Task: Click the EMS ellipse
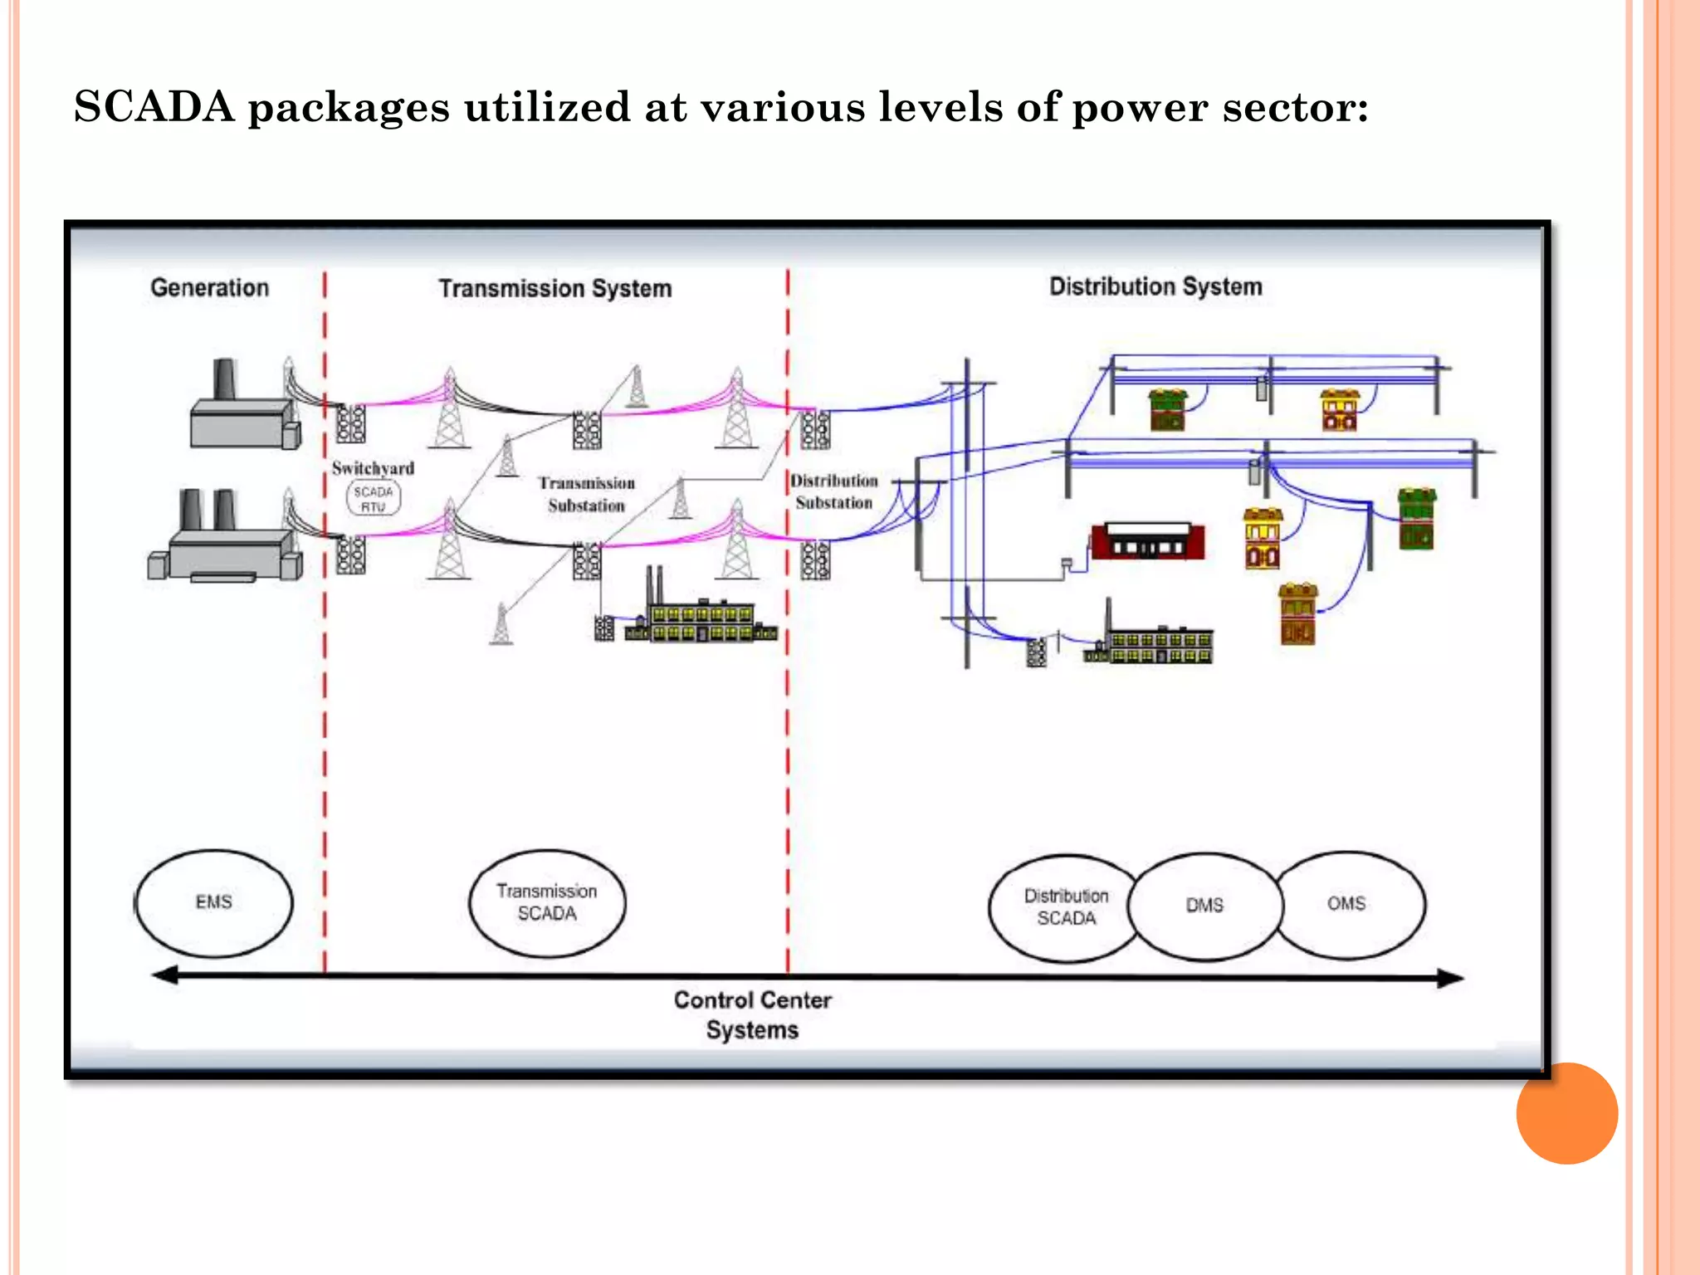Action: [214, 902]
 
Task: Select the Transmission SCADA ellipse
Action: [547, 902]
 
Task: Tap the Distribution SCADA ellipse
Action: [1065, 907]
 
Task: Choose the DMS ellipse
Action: [1204, 906]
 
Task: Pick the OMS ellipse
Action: [1348, 903]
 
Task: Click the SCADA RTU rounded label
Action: [373, 498]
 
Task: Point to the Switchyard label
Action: [373, 468]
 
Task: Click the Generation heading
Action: [209, 288]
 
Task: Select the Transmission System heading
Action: [554, 289]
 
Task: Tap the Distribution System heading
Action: [1155, 287]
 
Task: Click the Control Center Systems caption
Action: [752, 1014]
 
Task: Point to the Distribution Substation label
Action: [833, 491]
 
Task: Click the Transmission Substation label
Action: [586, 494]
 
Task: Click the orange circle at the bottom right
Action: [1566, 1113]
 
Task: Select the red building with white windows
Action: [1148, 542]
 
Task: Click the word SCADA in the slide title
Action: [154, 107]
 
